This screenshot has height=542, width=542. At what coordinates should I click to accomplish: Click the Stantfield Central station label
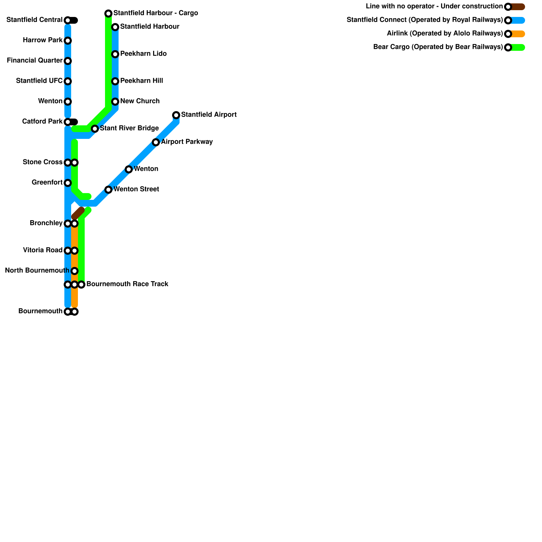(x=34, y=20)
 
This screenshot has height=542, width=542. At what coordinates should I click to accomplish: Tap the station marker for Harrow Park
(x=68, y=41)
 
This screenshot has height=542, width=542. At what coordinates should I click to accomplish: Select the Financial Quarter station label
(x=35, y=61)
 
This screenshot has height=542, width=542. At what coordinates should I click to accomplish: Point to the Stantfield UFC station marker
(x=68, y=81)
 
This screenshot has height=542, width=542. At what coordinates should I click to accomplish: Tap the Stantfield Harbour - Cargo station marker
(x=108, y=14)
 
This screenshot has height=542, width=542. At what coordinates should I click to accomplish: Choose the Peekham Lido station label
(x=143, y=54)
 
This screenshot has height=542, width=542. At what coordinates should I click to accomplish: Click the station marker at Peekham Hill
(x=115, y=81)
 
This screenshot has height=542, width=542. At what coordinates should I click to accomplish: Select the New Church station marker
(x=115, y=102)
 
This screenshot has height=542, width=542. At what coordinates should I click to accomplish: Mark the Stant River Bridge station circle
(x=95, y=129)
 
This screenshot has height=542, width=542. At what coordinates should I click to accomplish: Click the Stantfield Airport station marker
(x=176, y=115)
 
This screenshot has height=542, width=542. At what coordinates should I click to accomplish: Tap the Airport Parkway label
(x=187, y=142)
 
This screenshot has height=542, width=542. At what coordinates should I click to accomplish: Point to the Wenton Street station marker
(x=108, y=190)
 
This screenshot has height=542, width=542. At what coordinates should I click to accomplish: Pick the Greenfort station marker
(x=68, y=183)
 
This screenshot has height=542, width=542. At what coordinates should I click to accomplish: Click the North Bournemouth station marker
(x=75, y=271)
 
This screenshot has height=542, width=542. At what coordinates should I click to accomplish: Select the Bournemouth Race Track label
(x=127, y=284)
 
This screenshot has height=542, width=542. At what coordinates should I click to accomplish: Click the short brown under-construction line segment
(x=78, y=213)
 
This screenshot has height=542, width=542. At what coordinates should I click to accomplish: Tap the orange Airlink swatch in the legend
(x=518, y=34)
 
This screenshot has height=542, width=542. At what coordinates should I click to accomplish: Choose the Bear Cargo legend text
(x=438, y=47)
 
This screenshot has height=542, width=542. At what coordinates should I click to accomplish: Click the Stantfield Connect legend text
(x=424, y=20)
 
